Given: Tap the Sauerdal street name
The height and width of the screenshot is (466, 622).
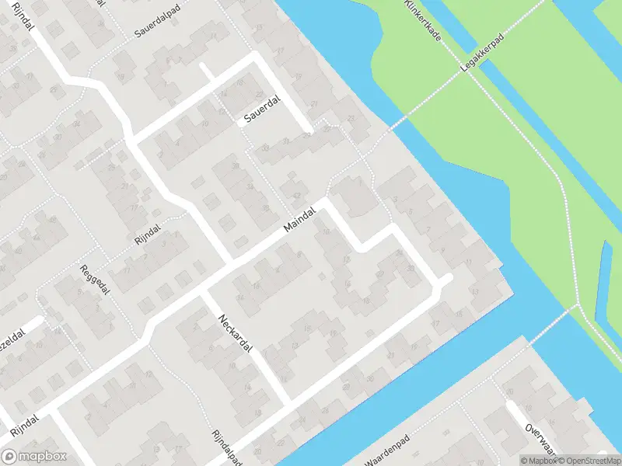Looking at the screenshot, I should pos(260,112).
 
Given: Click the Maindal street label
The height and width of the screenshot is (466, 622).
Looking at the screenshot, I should pos(301,218).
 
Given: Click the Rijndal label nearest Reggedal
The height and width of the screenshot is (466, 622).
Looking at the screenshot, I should pos(147,234).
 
